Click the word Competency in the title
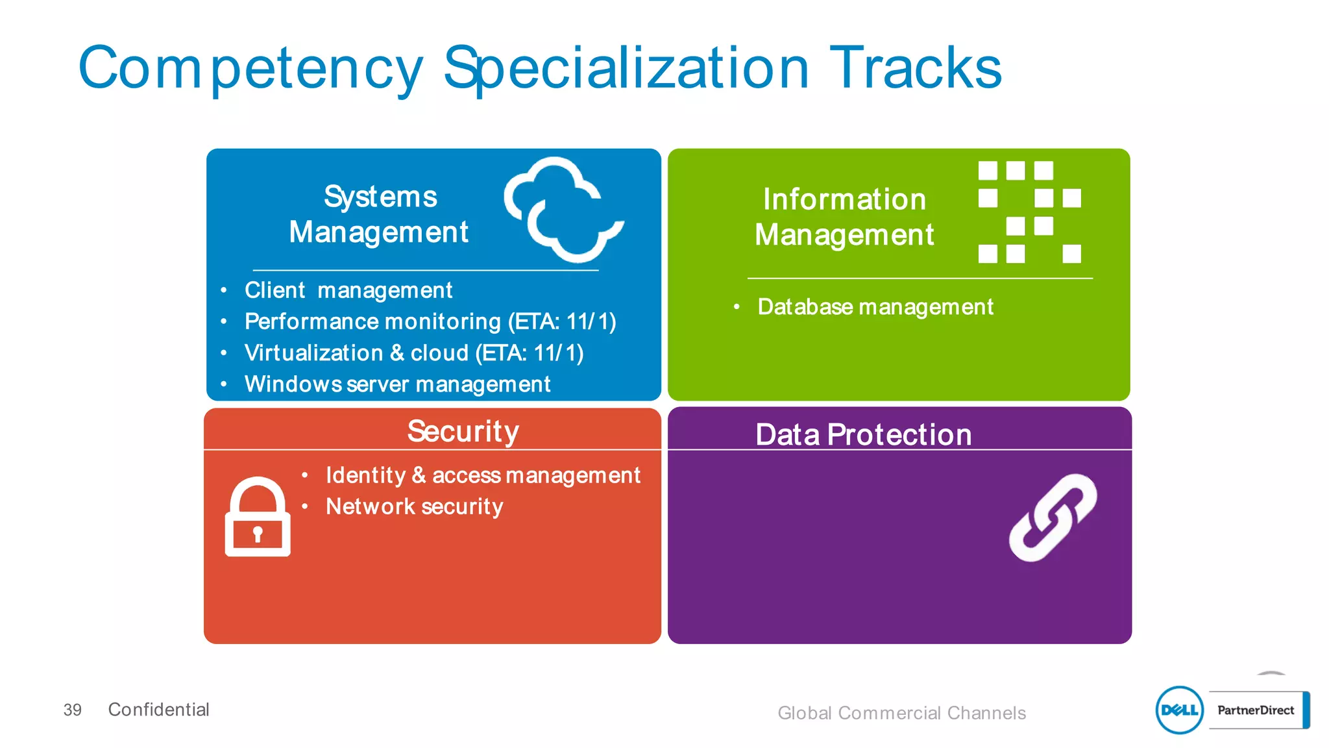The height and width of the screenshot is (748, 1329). click(250, 69)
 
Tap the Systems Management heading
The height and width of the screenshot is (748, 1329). click(379, 214)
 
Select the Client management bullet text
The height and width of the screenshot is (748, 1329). click(348, 290)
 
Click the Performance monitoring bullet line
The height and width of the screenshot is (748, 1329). click(430, 321)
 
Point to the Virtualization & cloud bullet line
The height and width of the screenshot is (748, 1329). click(413, 353)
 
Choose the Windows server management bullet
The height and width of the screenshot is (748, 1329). click(397, 384)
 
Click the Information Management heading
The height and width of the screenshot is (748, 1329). click(844, 217)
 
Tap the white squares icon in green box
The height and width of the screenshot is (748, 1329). click(1029, 212)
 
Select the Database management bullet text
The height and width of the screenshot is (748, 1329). click(875, 306)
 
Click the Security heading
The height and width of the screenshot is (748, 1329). click(463, 431)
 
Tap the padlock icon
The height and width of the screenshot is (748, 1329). click(258, 517)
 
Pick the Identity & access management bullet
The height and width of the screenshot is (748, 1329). click(482, 475)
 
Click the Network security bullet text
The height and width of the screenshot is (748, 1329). click(414, 506)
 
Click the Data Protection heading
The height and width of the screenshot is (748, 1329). click(863, 434)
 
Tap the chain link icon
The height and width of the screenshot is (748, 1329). click(1052, 517)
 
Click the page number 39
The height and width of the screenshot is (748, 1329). click(72, 710)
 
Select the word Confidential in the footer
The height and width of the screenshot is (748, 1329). click(158, 710)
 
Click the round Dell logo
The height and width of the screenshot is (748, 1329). click(1179, 710)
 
